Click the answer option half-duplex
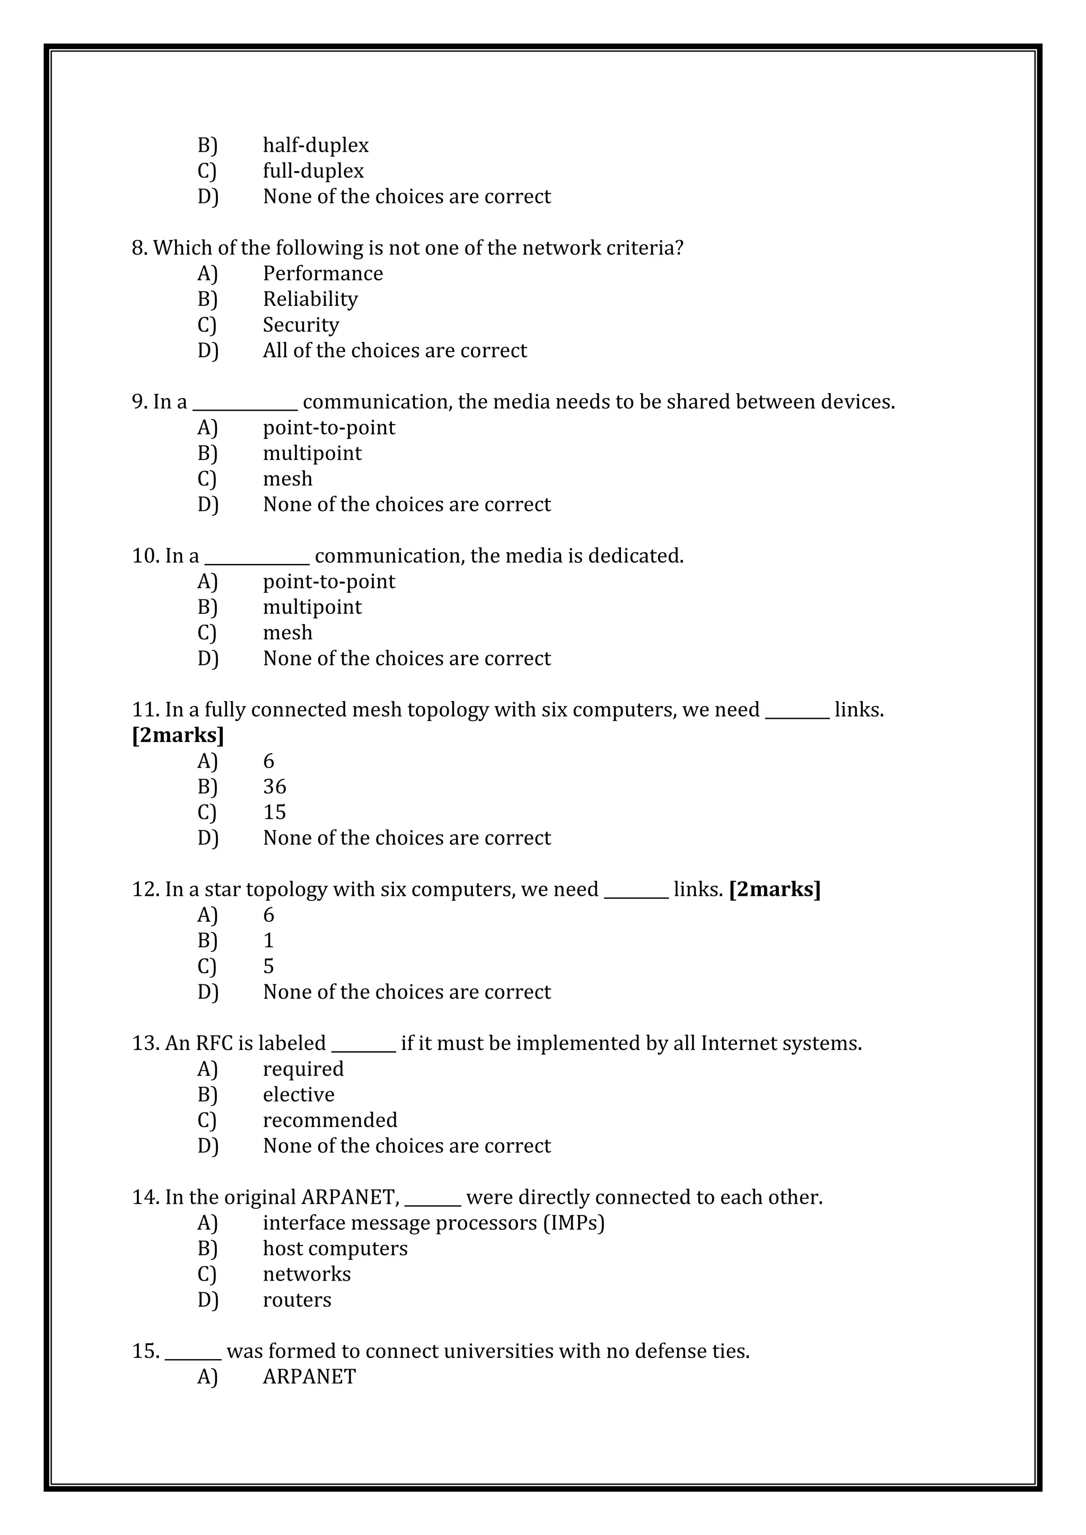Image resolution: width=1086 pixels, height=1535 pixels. click(x=315, y=145)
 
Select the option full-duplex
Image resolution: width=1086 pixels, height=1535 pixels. click(x=313, y=171)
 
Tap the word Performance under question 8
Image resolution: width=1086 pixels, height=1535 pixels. click(x=322, y=274)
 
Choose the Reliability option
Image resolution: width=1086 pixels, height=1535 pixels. click(x=310, y=299)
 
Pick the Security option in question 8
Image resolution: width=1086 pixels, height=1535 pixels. click(x=300, y=325)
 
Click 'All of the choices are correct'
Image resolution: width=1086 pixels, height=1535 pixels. click(x=395, y=350)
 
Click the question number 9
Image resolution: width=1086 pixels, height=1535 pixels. click(x=139, y=402)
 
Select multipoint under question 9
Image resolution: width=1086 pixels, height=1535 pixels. click(x=312, y=453)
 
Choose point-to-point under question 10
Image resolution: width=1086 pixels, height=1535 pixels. click(x=328, y=581)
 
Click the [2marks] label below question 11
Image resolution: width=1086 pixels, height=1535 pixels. click(x=178, y=735)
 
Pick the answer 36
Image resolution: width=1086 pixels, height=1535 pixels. click(x=274, y=787)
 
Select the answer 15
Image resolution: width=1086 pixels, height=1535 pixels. click(x=274, y=813)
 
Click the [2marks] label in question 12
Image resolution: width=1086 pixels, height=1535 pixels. click(x=774, y=889)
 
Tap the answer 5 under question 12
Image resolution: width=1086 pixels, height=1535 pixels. click(x=268, y=966)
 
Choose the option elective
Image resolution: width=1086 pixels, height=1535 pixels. click(x=298, y=1095)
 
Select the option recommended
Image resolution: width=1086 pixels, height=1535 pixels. click(x=330, y=1120)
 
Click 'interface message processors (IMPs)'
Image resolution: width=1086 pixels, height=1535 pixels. click(x=433, y=1223)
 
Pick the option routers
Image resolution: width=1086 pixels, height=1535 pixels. click(x=297, y=1300)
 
